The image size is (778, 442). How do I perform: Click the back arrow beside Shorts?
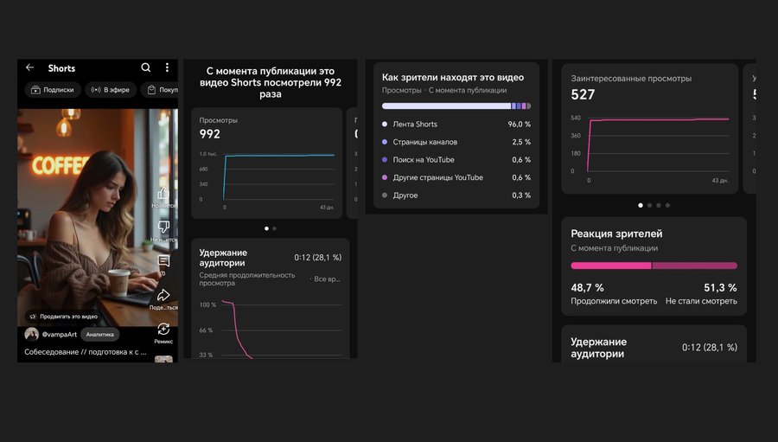click(x=29, y=67)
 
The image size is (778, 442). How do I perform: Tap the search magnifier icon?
click(x=146, y=67)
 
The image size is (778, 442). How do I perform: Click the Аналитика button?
click(x=99, y=334)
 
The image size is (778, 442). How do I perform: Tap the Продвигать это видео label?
click(x=68, y=317)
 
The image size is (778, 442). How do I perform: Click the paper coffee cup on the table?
click(x=118, y=280)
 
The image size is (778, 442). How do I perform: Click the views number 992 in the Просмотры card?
click(x=210, y=134)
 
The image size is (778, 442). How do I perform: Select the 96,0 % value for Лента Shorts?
click(x=520, y=125)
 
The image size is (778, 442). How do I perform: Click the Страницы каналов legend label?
click(x=425, y=142)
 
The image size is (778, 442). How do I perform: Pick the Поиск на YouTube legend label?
click(x=424, y=160)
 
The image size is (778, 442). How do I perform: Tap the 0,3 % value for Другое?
click(x=521, y=195)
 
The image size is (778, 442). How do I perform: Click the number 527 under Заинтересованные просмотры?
click(x=583, y=95)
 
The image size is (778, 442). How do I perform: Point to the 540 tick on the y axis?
click(x=576, y=118)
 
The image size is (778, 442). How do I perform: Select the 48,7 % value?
click(x=587, y=288)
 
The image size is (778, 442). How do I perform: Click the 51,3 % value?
click(x=720, y=288)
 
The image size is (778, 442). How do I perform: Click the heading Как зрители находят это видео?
click(x=453, y=76)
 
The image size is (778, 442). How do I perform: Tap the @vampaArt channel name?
click(x=59, y=334)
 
